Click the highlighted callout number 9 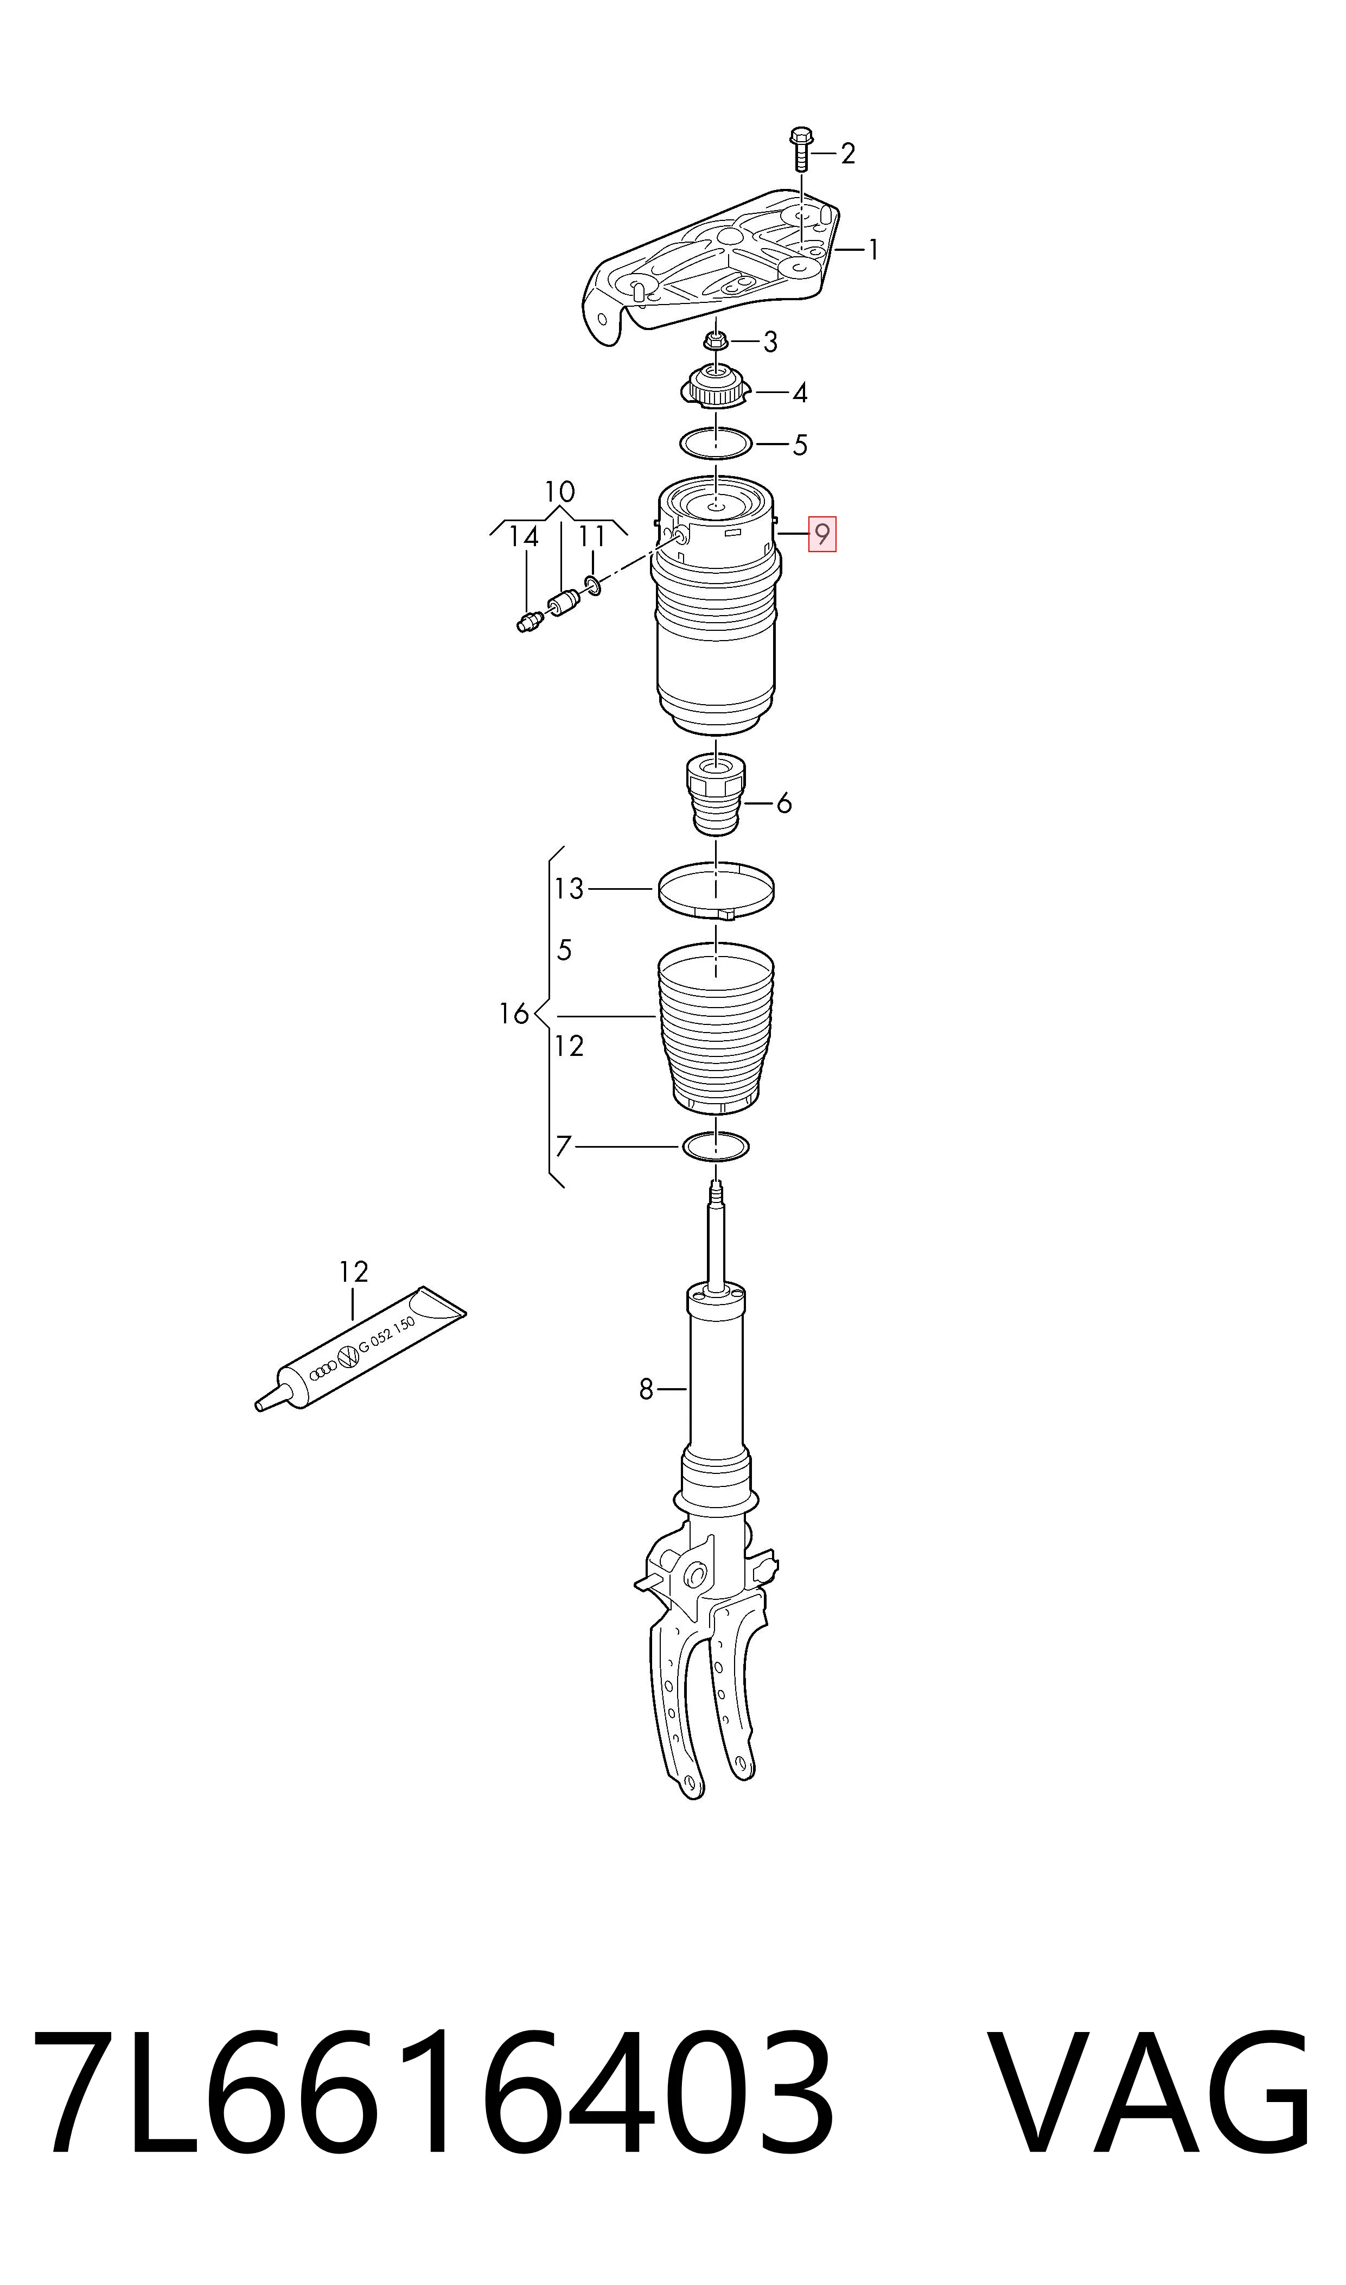822,535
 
